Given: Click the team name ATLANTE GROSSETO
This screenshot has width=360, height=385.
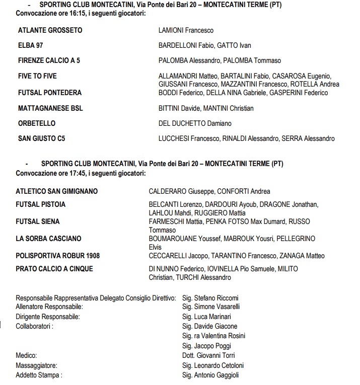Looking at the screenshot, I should click(50, 30).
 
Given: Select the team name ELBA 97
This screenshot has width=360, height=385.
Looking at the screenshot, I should click(30, 45).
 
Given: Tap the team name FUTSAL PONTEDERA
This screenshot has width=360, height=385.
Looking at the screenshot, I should click(49, 93).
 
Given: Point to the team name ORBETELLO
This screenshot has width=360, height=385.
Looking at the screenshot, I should click(37, 123).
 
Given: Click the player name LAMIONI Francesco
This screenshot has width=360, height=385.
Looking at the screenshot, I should click(186, 30).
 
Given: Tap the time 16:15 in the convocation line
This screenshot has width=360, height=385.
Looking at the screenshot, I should click(74, 13).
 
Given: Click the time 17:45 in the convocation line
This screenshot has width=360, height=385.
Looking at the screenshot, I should click(74, 173).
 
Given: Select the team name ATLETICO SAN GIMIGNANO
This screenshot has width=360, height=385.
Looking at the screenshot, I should click(57, 191).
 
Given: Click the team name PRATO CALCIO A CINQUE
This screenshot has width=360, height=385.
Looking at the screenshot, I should click(54, 269).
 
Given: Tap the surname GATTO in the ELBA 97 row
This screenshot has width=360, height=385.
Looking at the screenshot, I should click(228, 45).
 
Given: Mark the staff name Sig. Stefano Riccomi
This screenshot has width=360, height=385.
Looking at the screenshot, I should click(210, 298).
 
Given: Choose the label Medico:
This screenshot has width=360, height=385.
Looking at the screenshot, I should click(27, 355).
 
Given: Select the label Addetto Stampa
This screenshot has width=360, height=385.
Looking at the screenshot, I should click(39, 375).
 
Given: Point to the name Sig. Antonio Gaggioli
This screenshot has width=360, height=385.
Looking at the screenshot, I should click(210, 375).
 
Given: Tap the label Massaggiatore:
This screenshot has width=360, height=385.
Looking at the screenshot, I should click(36, 365).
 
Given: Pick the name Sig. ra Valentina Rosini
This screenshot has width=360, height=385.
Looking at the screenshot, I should click(213, 336).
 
